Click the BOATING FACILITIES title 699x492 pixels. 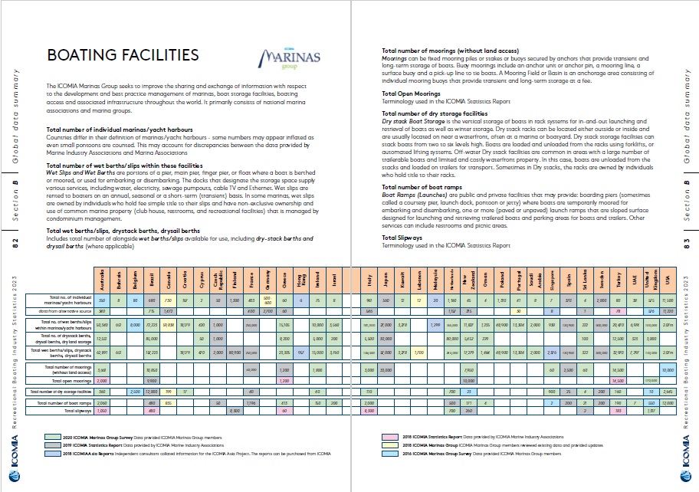(x=123, y=55)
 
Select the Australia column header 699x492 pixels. (x=102, y=279)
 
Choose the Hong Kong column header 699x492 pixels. (x=300, y=279)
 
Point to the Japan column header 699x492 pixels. (x=386, y=279)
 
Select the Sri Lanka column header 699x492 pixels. (x=585, y=279)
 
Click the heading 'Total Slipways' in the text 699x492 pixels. (x=403, y=238)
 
